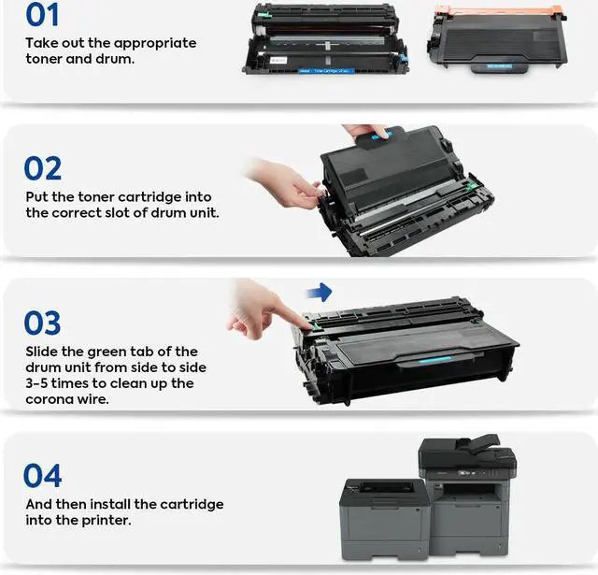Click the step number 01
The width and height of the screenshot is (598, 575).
click(42, 15)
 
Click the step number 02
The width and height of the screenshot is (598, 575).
click(43, 168)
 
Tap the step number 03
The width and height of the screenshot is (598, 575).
click(43, 323)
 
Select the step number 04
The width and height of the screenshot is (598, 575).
click(43, 475)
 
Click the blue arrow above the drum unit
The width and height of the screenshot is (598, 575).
click(320, 293)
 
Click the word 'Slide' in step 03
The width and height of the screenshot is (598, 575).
click(42, 352)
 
